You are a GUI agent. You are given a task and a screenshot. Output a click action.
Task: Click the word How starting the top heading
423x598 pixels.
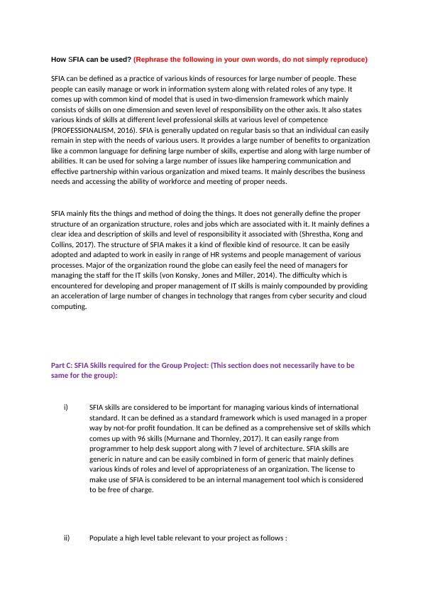[59, 59]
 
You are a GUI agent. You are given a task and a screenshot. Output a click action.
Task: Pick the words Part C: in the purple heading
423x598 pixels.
[64, 365]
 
